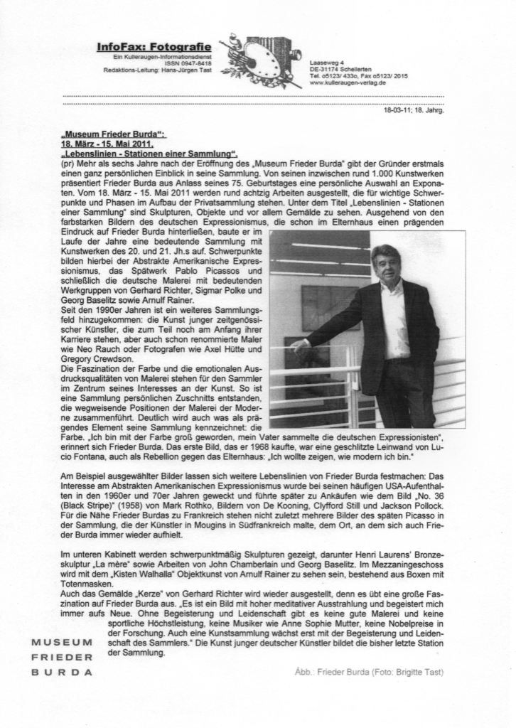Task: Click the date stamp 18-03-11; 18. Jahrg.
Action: coord(414,111)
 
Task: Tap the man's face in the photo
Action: coord(385,264)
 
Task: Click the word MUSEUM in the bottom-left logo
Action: coord(63,643)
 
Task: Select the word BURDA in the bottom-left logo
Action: coord(63,671)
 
